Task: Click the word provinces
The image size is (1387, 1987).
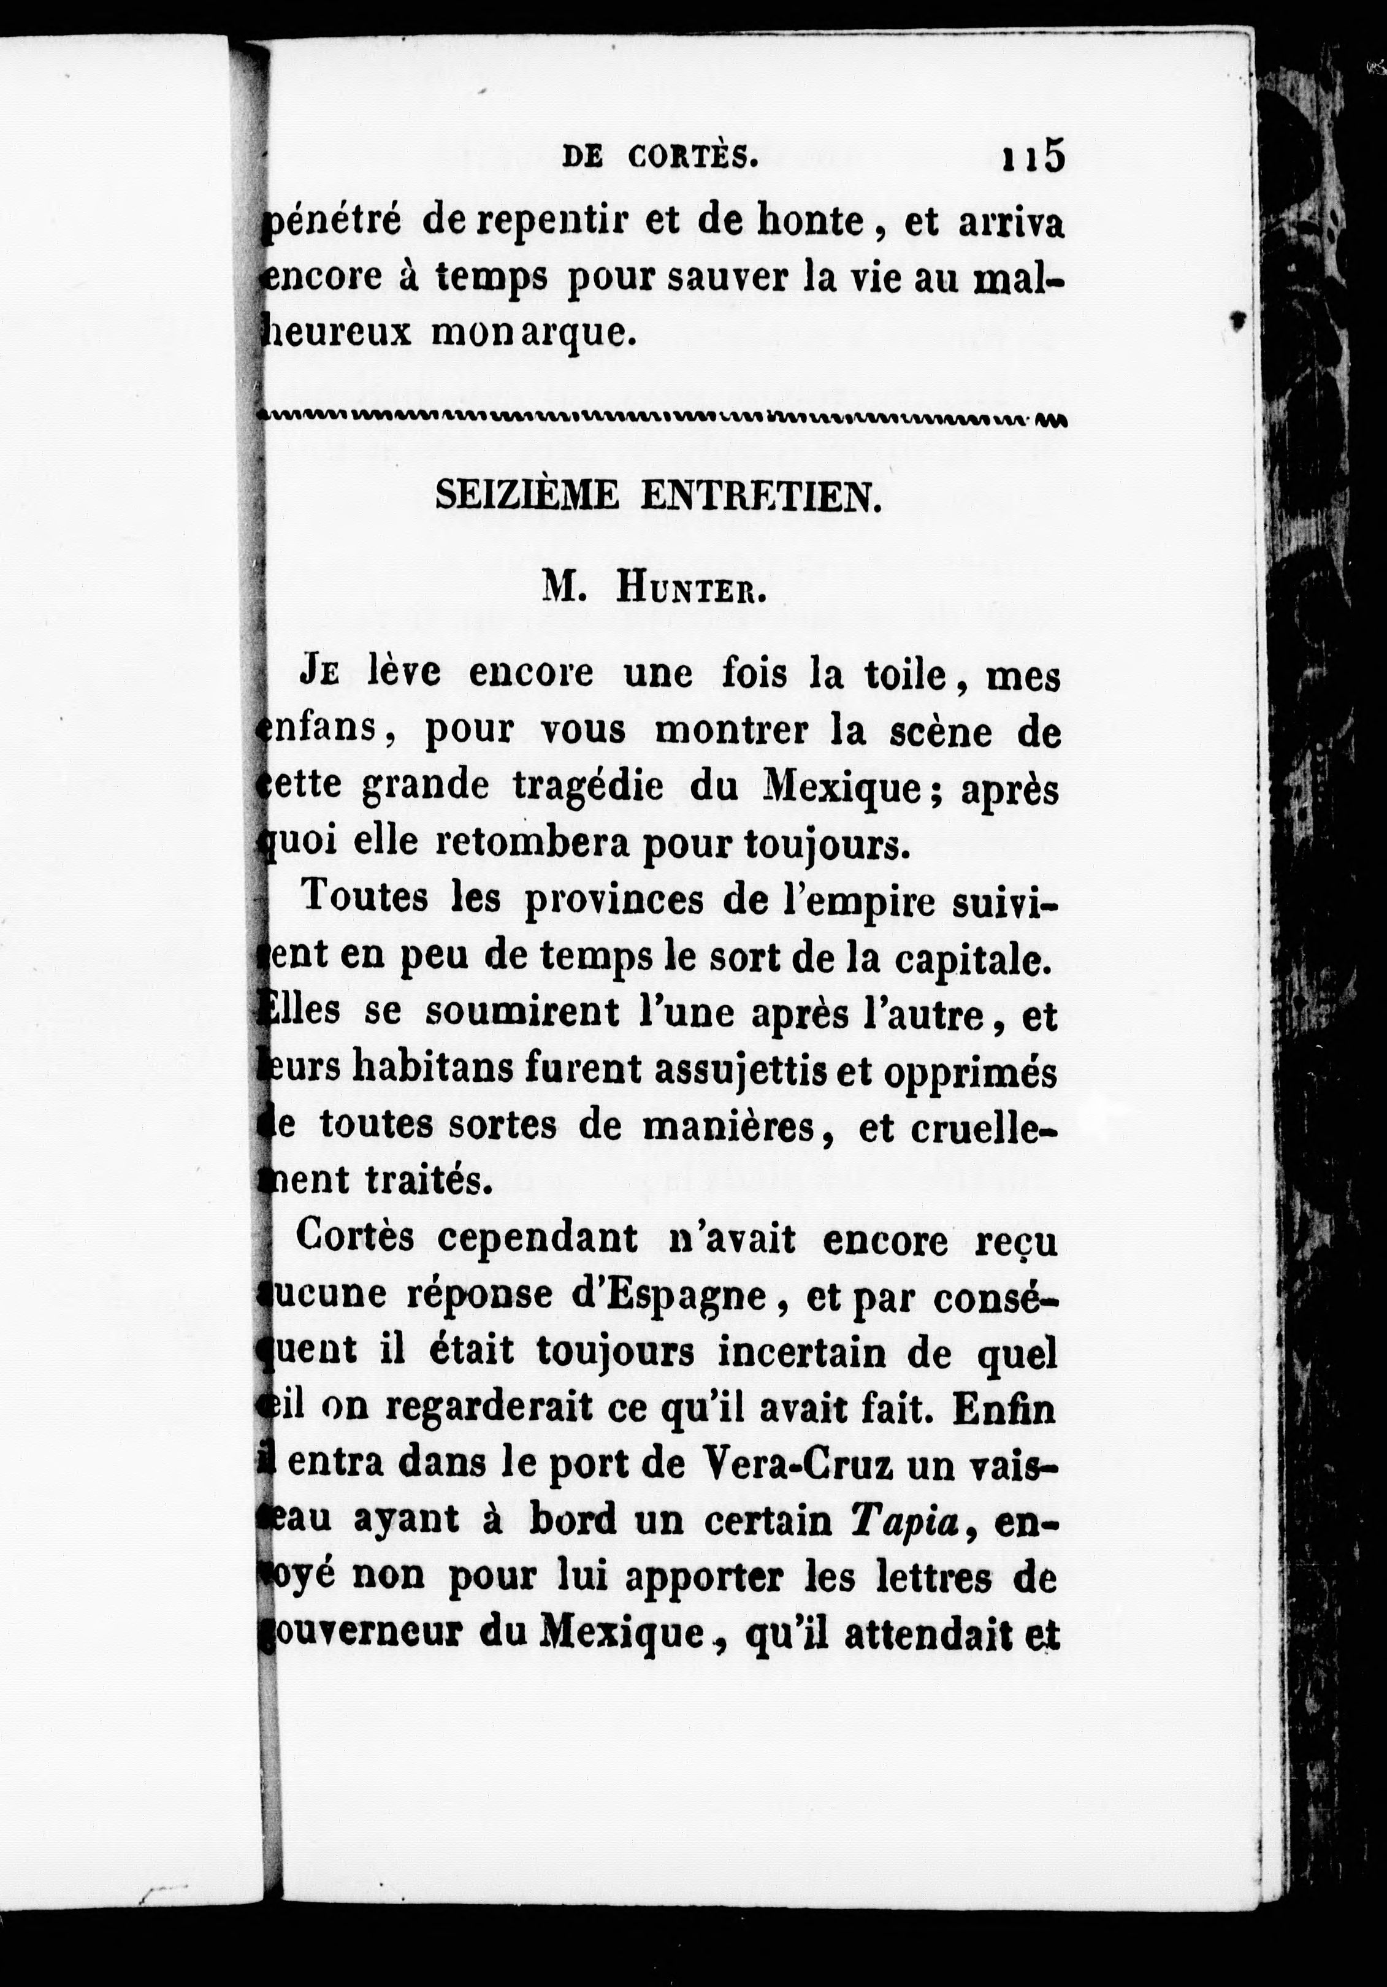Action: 615,901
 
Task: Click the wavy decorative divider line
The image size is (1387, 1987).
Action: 663,419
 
